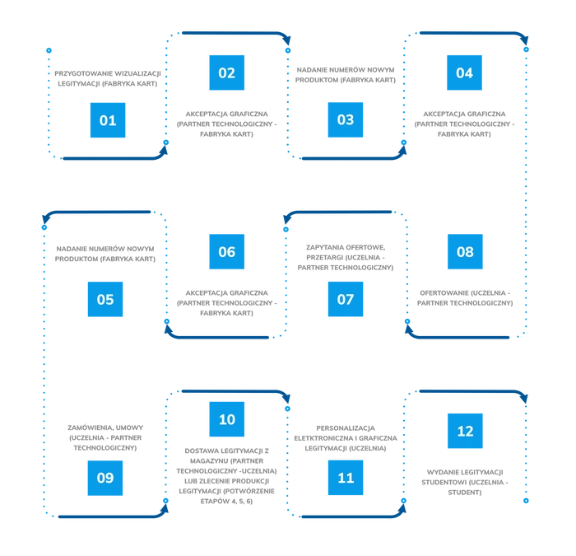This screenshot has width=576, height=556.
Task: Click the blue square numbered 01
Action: click(108, 120)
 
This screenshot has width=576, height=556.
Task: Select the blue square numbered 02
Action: click(226, 72)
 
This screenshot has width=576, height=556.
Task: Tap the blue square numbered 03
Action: click(346, 120)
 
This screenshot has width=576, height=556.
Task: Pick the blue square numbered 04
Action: click(464, 72)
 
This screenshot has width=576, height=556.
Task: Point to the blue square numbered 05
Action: click(105, 299)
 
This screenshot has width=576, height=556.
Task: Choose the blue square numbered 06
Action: click(226, 251)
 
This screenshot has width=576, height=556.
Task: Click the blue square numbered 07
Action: click(346, 299)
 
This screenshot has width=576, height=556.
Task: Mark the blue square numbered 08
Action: click(465, 251)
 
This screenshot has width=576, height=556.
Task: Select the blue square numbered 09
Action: click(105, 478)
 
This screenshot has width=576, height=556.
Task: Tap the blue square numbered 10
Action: click(226, 419)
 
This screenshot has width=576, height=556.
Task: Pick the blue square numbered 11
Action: click(346, 478)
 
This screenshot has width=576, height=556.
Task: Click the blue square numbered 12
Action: click(465, 431)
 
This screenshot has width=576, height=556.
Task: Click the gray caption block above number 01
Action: click(105, 79)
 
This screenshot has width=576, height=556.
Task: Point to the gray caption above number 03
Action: click(346, 72)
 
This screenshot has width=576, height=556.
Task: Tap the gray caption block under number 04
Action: click(464, 121)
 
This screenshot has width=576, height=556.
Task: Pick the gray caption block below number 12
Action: click(465, 482)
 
